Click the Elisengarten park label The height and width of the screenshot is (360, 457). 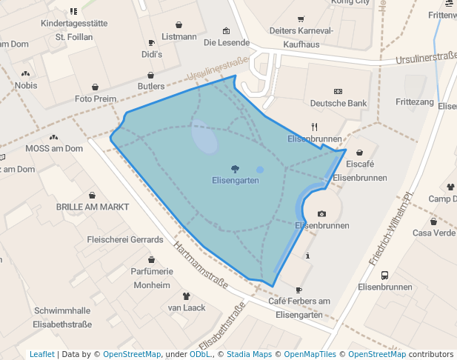pyautogui.click(x=236, y=181)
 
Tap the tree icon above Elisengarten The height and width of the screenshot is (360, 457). pyautogui.click(x=236, y=169)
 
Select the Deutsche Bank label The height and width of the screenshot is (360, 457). pyautogui.click(x=338, y=103)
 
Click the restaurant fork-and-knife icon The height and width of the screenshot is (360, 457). pyautogui.click(x=314, y=126)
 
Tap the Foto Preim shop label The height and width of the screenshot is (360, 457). pyautogui.click(x=96, y=99)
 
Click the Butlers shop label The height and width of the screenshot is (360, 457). pyautogui.click(x=151, y=87)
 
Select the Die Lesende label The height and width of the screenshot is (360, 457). pyautogui.click(x=227, y=42)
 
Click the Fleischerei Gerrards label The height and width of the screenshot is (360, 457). pyautogui.click(x=125, y=240)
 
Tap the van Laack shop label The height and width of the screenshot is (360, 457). pyautogui.click(x=187, y=307)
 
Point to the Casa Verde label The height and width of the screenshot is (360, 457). pyautogui.click(x=434, y=233)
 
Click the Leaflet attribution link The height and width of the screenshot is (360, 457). pyautogui.click(x=42, y=354)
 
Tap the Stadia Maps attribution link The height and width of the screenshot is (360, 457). pyautogui.click(x=249, y=354)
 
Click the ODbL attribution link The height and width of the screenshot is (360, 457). pyautogui.click(x=200, y=354)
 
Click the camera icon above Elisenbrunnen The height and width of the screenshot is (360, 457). pyautogui.click(x=321, y=213)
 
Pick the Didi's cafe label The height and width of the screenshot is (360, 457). pyautogui.click(x=152, y=54)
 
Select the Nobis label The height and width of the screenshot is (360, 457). pyautogui.click(x=26, y=85)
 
